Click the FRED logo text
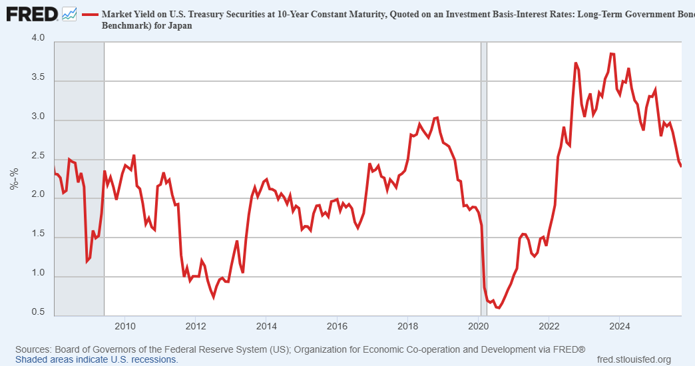click(x=31, y=13)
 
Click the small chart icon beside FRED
click(x=69, y=13)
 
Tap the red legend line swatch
click(x=90, y=14)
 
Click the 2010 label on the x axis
click(x=125, y=326)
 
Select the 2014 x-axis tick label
click(x=266, y=326)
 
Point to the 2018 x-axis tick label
click(x=408, y=326)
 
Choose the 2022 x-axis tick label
click(x=549, y=326)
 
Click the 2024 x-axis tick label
click(x=620, y=326)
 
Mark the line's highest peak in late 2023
click(x=612, y=54)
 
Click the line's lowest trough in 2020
click(x=498, y=308)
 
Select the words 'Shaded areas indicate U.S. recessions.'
click(x=97, y=359)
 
